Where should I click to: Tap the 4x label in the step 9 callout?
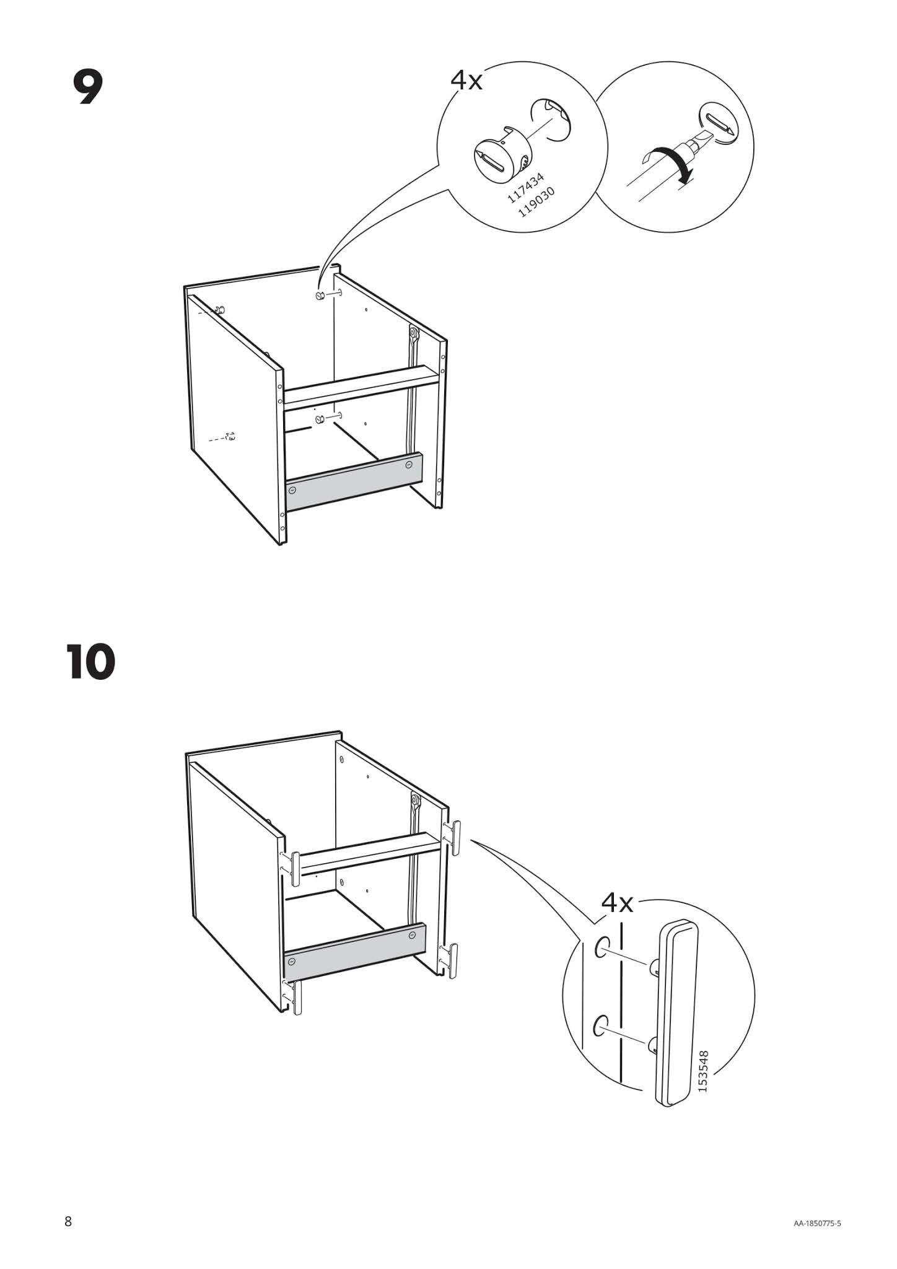click(x=466, y=80)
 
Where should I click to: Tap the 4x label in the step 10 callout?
click(x=618, y=903)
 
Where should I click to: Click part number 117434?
click(x=525, y=188)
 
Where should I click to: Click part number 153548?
click(x=702, y=1071)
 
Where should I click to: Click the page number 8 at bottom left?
click(x=68, y=1221)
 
